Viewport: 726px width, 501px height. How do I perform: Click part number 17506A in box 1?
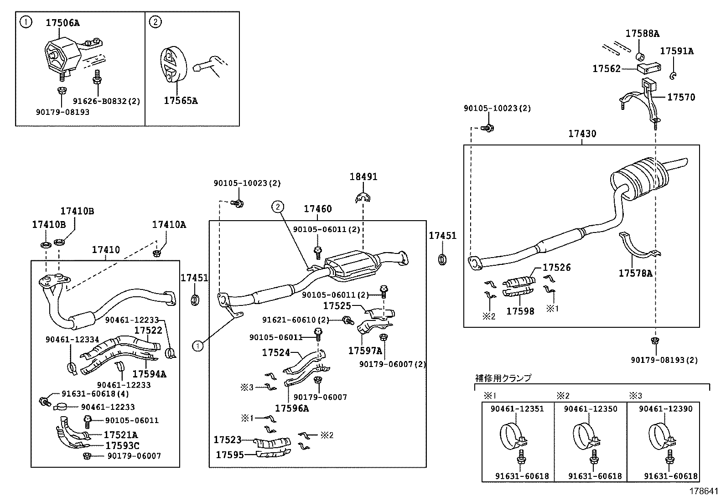pyautogui.click(x=62, y=23)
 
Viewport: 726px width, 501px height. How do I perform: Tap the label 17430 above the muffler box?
pyautogui.click(x=582, y=134)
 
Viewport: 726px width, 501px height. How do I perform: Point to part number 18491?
pyautogui.click(x=363, y=176)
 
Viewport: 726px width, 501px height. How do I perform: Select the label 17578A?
pyautogui.click(x=635, y=273)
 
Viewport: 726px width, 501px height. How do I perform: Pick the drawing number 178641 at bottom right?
pyautogui.click(x=705, y=491)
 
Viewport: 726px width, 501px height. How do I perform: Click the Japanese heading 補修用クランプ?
pyautogui.click(x=503, y=378)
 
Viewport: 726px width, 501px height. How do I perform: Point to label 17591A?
pyautogui.click(x=677, y=51)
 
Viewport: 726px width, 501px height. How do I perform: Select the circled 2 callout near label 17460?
pyautogui.click(x=278, y=207)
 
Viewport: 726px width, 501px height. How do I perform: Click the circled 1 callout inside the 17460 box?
pyautogui.click(x=197, y=346)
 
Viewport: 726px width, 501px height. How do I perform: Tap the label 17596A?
pyautogui.click(x=292, y=408)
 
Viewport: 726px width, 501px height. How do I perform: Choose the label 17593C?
pyautogui.click(x=122, y=445)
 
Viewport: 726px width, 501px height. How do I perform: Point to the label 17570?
pyautogui.click(x=681, y=97)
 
